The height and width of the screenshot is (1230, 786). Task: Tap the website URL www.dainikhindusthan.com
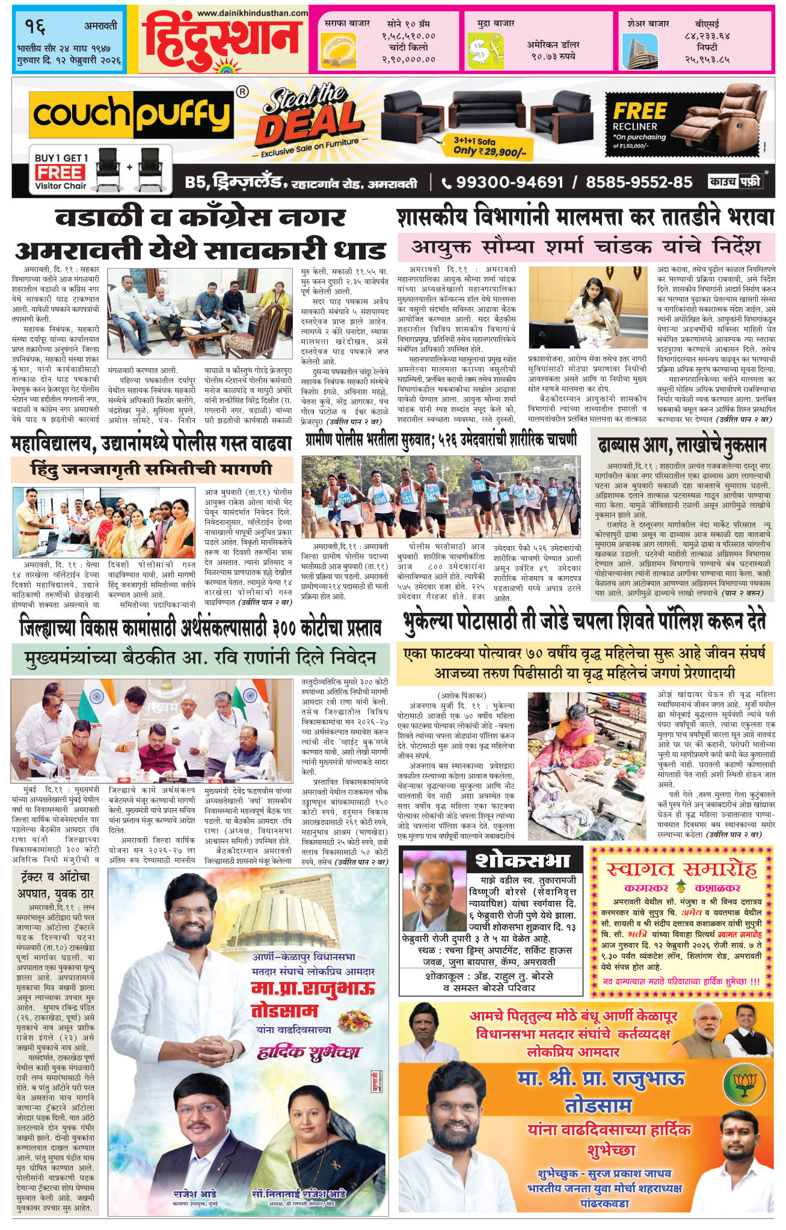tap(252, 13)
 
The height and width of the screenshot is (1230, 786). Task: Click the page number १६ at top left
tap(35, 27)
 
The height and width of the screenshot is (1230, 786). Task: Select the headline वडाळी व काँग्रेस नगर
tap(200, 218)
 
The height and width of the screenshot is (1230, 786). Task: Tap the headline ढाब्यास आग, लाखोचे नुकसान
tap(682, 445)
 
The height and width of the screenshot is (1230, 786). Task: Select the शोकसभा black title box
tap(521, 860)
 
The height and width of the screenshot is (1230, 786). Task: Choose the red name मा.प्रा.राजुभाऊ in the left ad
tap(313, 988)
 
